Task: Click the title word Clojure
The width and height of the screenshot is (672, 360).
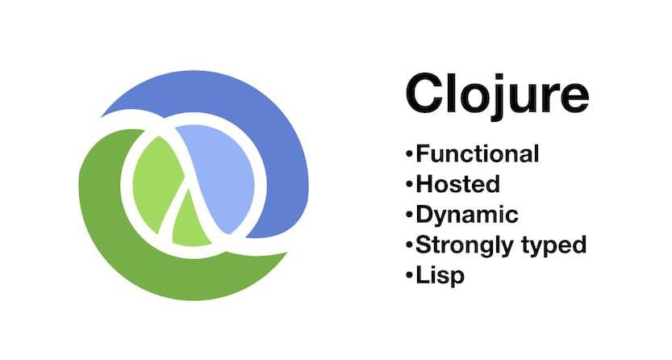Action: [x=496, y=94]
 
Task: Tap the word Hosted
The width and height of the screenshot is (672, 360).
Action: [x=457, y=183]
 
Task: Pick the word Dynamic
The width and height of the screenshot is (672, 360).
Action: [x=466, y=214]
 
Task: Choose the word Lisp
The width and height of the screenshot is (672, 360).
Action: [x=440, y=275]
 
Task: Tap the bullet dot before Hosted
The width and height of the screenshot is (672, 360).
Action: [x=410, y=184]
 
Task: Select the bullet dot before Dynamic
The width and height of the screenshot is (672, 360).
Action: [x=410, y=215]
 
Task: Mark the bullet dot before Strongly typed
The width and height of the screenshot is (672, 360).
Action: [x=410, y=245]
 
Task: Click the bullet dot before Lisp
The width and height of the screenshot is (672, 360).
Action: [x=410, y=275]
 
